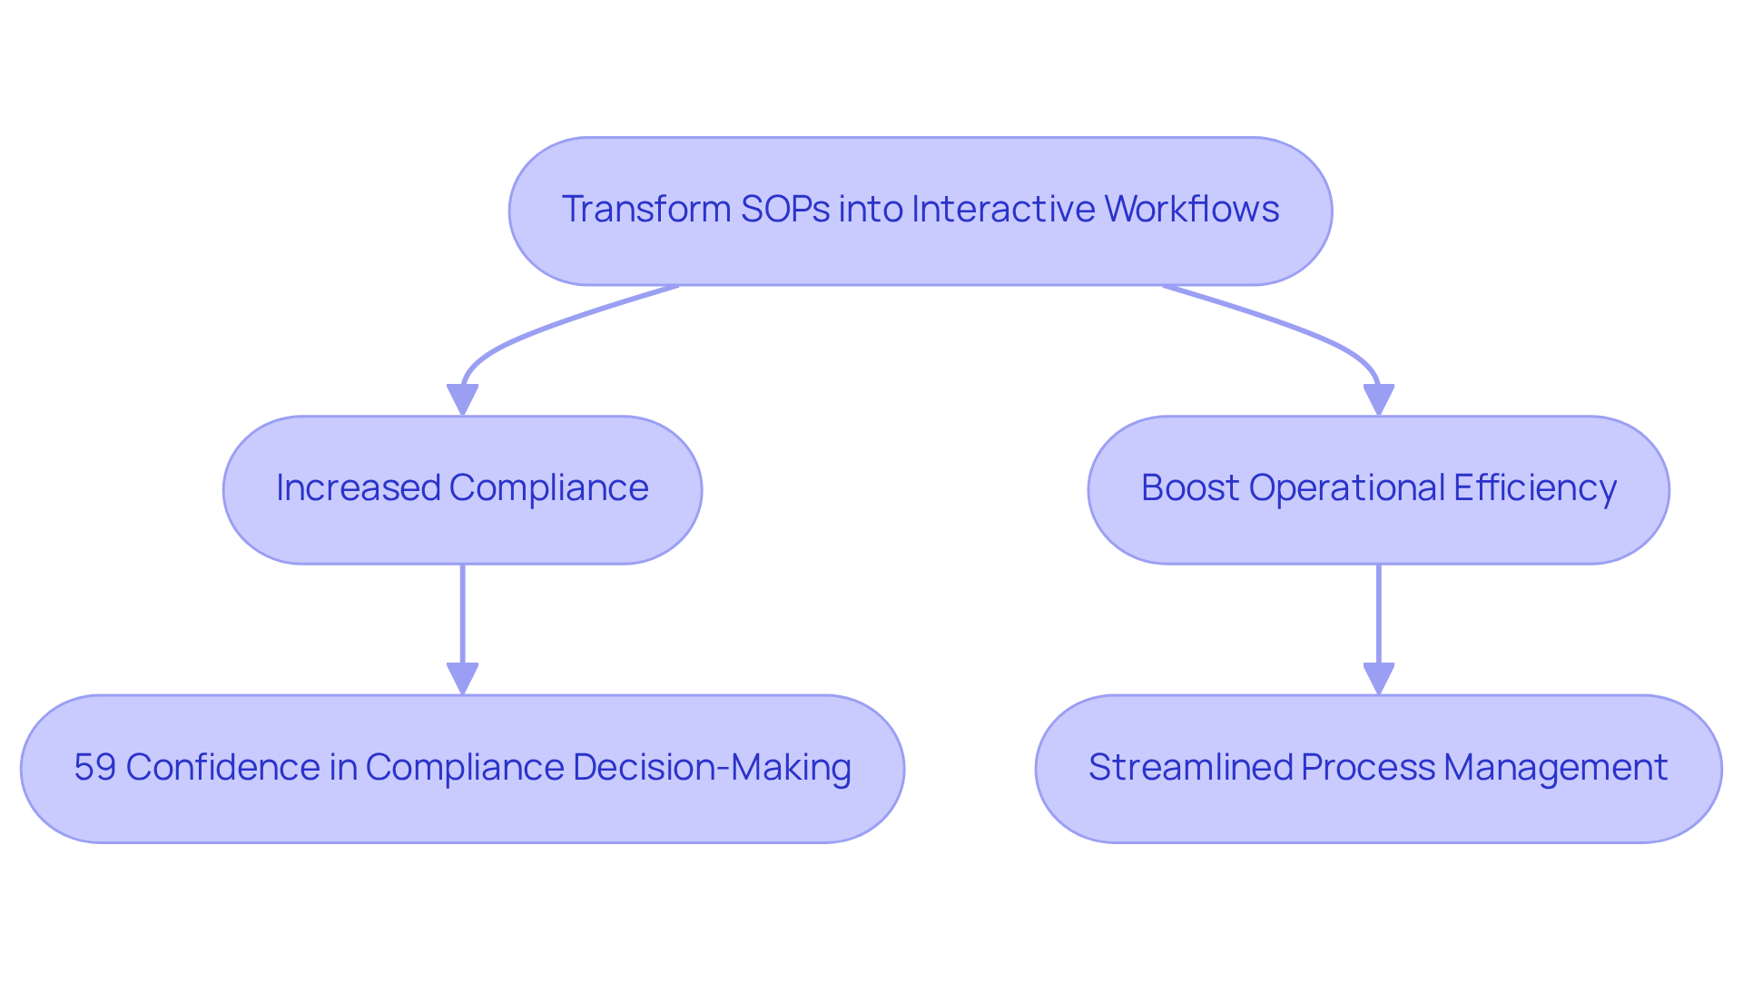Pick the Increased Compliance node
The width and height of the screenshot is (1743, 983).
coord(462,490)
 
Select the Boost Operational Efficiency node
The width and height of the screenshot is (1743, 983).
coord(1378,490)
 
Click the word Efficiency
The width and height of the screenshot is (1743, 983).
coord(1534,488)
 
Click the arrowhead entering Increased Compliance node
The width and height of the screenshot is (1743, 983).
coord(462,399)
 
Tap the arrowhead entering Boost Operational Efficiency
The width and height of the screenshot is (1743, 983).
coord(1378,399)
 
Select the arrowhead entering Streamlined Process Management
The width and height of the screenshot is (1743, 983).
coord(1378,678)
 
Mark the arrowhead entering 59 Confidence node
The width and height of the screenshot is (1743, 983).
coord(462,678)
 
